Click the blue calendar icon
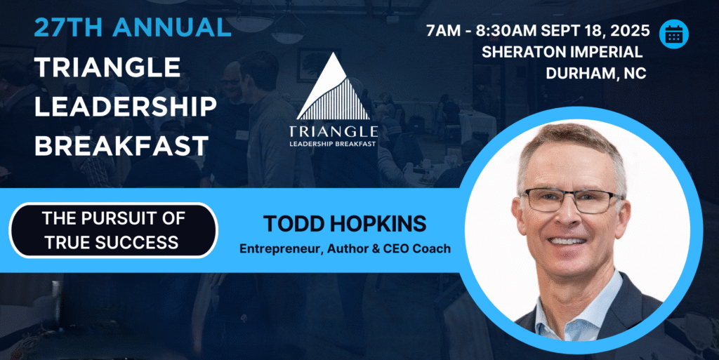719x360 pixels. coord(673,34)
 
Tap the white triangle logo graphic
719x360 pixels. coord(334,87)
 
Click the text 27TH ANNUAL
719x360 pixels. coord(133,27)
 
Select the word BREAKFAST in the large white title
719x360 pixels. coord(121,146)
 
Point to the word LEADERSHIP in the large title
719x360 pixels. coord(125,106)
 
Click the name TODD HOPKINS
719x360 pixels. coord(345,224)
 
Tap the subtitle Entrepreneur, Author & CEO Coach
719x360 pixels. coord(345,248)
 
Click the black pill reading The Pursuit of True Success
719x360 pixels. coord(113,230)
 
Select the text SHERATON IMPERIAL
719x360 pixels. coord(562,52)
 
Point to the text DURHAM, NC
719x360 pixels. coord(595,73)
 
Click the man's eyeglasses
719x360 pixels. coord(571,200)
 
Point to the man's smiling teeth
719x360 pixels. coord(567,241)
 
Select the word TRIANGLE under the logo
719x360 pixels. coord(334,132)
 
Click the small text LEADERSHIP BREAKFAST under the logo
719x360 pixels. coord(333,144)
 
